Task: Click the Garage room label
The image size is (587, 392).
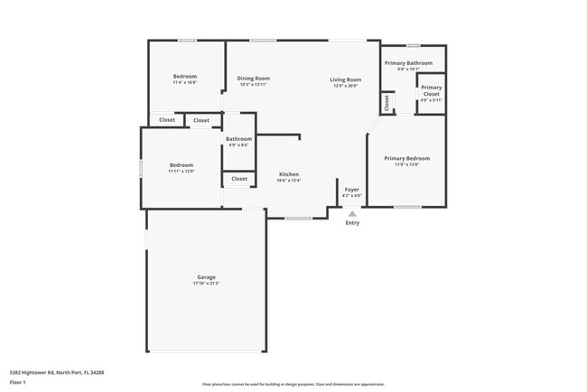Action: tap(206, 277)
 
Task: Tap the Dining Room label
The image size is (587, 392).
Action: tap(254, 79)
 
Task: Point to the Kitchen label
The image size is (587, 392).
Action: tap(289, 174)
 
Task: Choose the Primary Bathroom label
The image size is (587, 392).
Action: tap(408, 63)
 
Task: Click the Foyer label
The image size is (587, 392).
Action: tap(352, 190)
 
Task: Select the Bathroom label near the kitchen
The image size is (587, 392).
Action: tap(238, 139)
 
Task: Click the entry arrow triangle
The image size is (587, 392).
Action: tap(352, 213)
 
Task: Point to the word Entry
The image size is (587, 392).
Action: tap(352, 223)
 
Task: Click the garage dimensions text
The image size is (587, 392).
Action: tap(206, 284)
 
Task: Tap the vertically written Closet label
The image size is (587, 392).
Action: tap(387, 104)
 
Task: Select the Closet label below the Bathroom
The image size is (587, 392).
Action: tap(239, 179)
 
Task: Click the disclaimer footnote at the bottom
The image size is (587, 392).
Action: tap(293, 384)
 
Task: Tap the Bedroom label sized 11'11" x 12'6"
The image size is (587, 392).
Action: tap(182, 164)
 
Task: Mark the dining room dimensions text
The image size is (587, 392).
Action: tap(254, 85)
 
